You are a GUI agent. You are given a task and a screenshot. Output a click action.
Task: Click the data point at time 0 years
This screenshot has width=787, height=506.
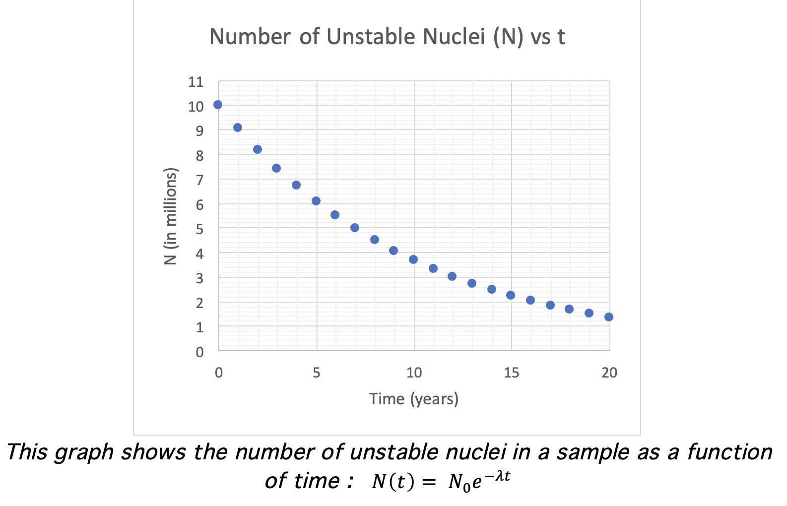[218, 105]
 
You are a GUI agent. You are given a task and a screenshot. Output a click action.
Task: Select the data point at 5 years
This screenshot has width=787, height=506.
[316, 201]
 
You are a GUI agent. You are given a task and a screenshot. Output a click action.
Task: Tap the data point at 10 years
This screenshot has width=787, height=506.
[413, 259]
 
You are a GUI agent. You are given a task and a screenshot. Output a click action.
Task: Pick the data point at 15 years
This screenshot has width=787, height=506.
[511, 295]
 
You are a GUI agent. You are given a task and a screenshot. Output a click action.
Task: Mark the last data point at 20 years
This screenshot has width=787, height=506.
[609, 317]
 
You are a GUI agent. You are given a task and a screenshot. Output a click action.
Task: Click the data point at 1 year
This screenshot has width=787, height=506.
[238, 127]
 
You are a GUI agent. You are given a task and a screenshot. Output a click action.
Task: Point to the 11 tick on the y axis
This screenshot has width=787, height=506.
[196, 82]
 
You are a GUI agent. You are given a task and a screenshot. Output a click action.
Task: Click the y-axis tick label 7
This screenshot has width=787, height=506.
[199, 180]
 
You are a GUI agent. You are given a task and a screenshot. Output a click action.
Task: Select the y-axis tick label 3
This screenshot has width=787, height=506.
[199, 278]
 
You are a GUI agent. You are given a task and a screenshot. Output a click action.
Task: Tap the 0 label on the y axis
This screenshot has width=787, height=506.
[199, 352]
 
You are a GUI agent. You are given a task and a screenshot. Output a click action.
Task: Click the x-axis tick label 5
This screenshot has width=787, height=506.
[317, 373]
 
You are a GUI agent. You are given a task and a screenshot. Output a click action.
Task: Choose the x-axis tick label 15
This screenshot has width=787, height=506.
[512, 373]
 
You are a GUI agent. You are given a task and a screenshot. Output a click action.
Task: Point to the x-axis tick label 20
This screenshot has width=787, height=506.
[609, 373]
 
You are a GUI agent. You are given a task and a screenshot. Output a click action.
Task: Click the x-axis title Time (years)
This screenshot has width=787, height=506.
[414, 399]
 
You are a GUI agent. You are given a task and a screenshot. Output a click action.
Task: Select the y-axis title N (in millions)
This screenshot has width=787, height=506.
[171, 216]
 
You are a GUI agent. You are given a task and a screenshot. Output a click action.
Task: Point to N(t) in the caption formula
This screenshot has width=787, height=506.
[393, 481]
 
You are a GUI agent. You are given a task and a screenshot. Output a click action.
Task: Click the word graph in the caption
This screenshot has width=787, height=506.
[84, 452]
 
